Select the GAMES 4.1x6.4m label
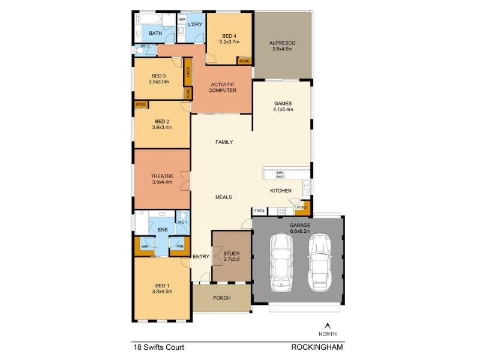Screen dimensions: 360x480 282,106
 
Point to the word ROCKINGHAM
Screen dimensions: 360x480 317,347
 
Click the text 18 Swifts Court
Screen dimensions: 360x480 158,347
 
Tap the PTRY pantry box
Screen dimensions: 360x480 302,208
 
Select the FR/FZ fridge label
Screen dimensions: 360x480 259,211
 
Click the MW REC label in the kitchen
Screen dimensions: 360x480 280,175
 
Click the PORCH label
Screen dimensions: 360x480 221,298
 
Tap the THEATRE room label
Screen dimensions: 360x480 162,179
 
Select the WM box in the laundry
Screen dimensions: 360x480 182,20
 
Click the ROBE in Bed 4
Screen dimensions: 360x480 244,61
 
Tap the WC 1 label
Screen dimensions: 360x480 182,223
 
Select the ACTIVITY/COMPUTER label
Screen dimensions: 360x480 221,87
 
